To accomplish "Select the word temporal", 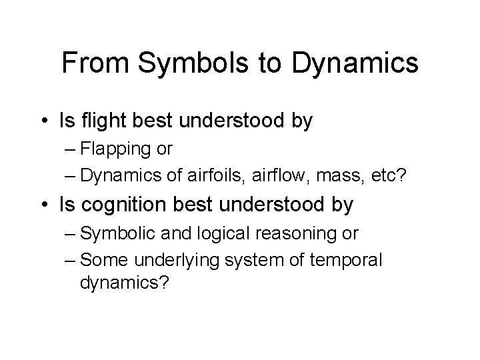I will point(347,259).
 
